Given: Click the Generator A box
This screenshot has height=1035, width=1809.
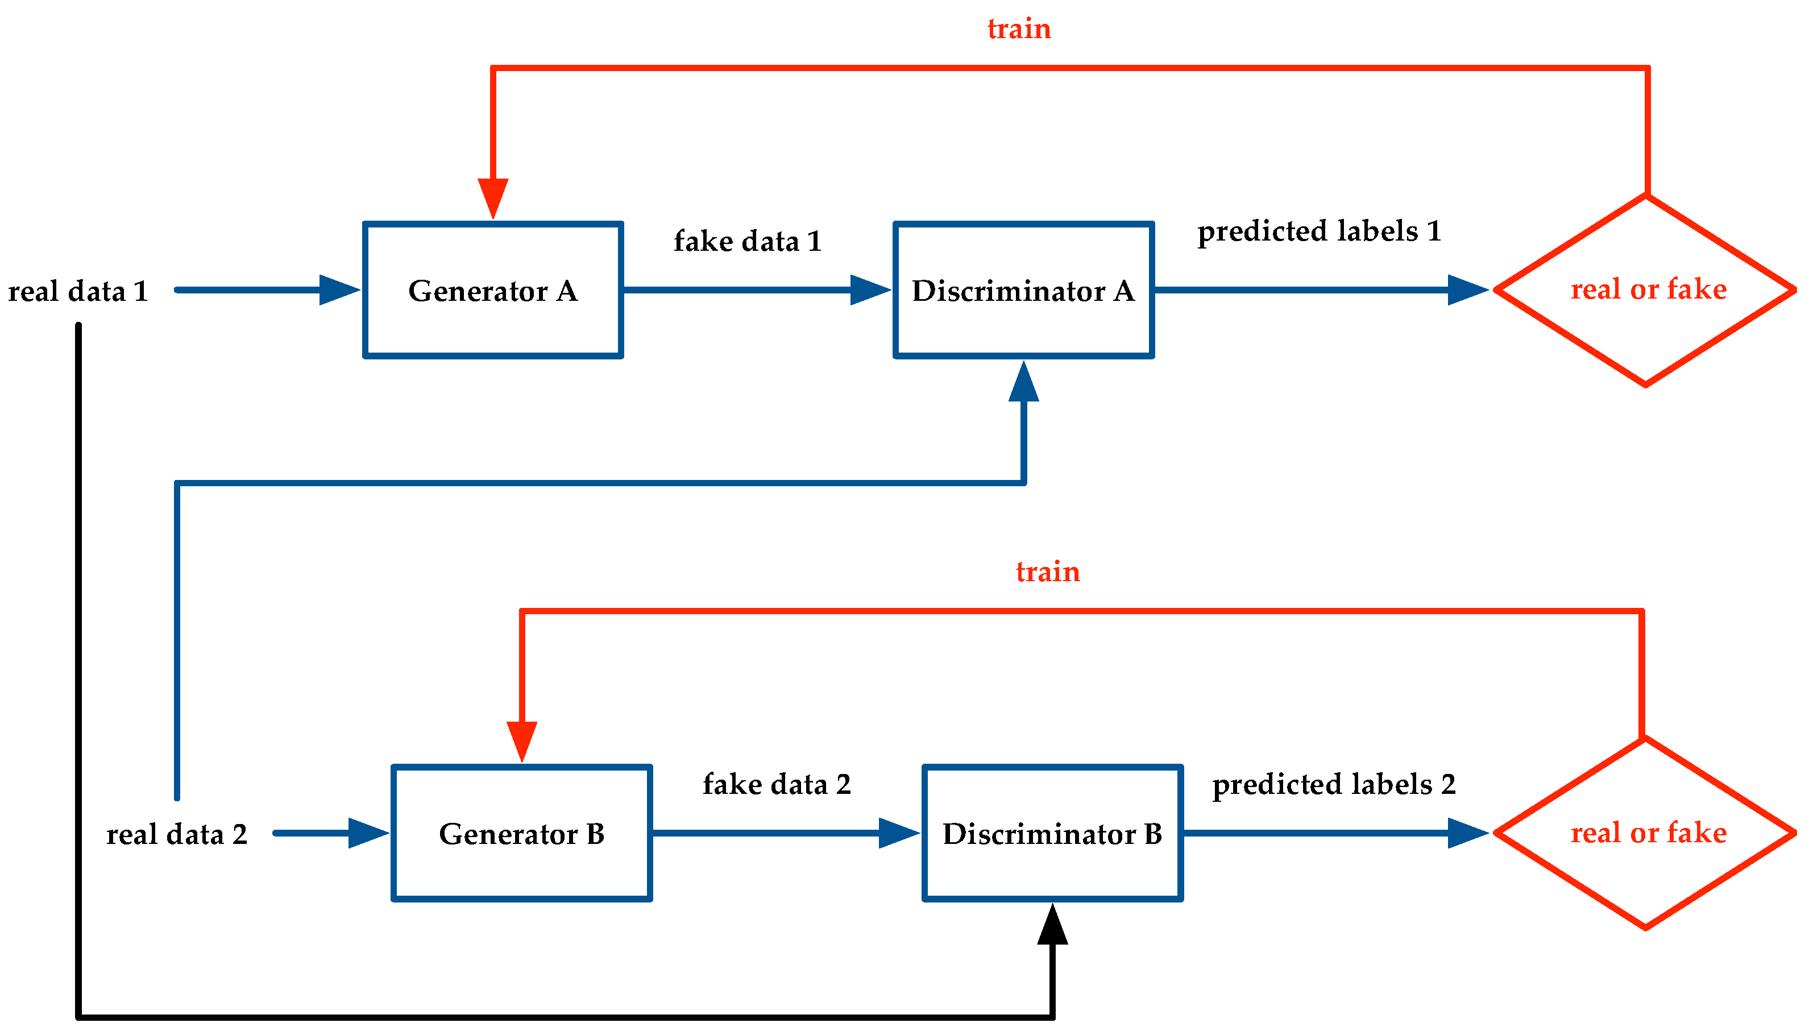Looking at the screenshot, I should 492,290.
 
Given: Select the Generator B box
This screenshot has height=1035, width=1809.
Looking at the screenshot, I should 521,833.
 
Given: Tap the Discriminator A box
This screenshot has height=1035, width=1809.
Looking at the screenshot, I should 1023,290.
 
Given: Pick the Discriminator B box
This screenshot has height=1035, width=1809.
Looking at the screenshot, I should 1052,833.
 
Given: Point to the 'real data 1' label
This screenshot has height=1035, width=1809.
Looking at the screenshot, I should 78,291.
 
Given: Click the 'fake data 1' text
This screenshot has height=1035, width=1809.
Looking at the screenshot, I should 748,242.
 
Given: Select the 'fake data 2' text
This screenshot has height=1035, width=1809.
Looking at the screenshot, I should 777,785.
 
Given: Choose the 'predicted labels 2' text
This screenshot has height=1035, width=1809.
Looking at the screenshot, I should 1334,785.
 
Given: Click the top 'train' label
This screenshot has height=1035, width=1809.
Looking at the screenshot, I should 1019,29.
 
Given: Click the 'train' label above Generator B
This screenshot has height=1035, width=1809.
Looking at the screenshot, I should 1047,572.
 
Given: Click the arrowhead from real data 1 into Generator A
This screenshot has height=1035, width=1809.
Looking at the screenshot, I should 338,290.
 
